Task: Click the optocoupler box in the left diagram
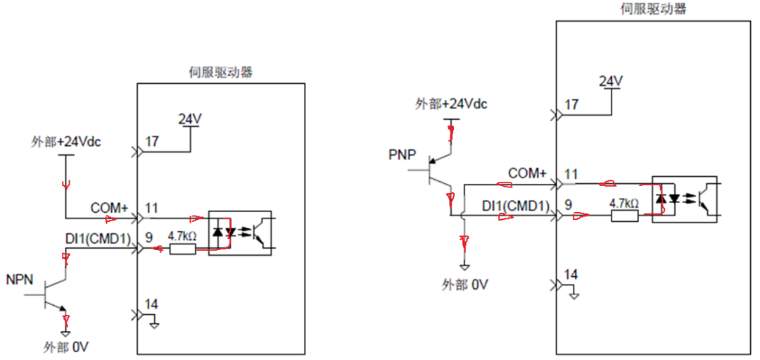click(240, 232)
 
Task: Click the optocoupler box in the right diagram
click(684, 199)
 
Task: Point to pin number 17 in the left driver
click(152, 141)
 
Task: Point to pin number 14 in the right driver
click(572, 274)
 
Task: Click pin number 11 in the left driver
click(152, 208)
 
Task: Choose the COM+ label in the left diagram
click(109, 208)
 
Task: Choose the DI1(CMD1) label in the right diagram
click(515, 206)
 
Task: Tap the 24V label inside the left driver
click(190, 118)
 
